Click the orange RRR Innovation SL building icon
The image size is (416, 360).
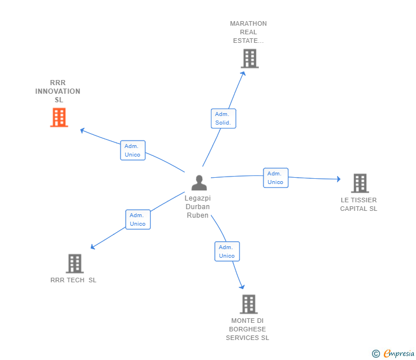pos(59,117)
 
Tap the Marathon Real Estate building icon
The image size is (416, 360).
pos(249,58)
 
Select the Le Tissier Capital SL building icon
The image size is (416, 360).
pos(359,183)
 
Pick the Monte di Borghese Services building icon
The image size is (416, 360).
pos(248,304)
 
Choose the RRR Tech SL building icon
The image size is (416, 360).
pos(74,263)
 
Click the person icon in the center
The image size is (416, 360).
pos(199,183)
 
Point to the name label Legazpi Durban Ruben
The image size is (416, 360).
pos(198,207)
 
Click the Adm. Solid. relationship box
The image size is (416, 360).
pos(223,118)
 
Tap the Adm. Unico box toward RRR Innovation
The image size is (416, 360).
pos(133,150)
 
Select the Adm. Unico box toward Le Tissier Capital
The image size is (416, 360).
pos(275,178)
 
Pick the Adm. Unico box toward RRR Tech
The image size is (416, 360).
pos(138,219)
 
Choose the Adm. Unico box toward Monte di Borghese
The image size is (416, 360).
pos(227,251)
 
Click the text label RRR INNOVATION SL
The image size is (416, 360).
pos(58,91)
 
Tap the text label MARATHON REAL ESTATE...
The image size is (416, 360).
pos(249,32)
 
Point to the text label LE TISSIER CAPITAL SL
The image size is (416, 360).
pos(359,205)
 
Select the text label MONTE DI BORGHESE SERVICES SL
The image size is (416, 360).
pos(247,329)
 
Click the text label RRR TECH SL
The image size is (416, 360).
pos(73,280)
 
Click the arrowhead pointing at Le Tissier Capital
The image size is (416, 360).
pos(338,179)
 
